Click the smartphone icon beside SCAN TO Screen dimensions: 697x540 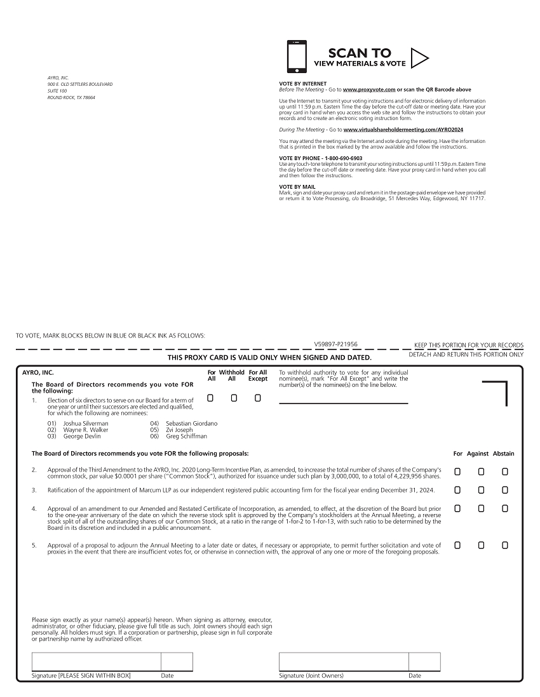(297, 57)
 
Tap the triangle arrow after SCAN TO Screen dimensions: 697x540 (419, 58)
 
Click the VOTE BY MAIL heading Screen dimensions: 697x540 (297, 187)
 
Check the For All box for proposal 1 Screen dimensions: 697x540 (210, 398)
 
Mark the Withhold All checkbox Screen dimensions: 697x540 (234, 398)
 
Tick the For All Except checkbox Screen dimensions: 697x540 (257, 398)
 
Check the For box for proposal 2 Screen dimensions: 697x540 (457, 471)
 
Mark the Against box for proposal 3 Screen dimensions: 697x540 (481, 490)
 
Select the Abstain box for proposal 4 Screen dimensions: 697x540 (505, 508)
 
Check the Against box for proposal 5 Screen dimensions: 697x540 (481, 545)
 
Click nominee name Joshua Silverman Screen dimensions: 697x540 (86, 423)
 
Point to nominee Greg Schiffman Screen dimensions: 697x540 (186, 436)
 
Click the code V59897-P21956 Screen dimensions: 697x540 (335, 344)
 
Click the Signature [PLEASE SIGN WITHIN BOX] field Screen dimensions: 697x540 (96, 661)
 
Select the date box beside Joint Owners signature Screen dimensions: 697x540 (424, 661)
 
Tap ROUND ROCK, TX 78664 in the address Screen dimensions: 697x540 (71, 98)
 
